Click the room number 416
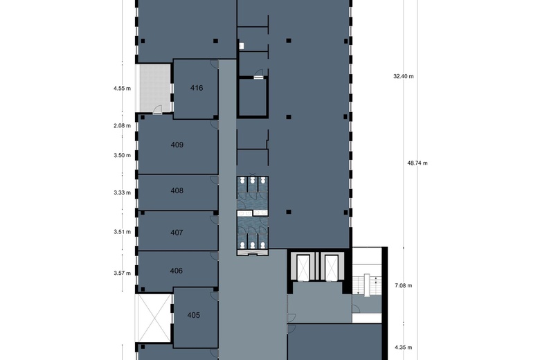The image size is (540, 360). point(196,88)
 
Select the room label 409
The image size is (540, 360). point(177,145)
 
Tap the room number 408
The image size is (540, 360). point(177,190)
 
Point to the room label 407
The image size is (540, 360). point(177,233)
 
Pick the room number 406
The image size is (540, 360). point(177,271)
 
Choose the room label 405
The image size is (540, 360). point(193,315)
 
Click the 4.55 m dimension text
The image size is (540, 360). point(123,89)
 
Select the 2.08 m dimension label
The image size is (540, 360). point(123,126)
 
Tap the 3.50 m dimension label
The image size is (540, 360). point(123,156)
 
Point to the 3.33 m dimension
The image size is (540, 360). point(123,193)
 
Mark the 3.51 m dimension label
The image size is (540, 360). point(123,233)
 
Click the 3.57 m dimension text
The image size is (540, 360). point(123,273)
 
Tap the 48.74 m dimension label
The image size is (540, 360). point(417,163)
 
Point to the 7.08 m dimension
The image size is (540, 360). point(403,285)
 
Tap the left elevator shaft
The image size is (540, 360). point(304,267)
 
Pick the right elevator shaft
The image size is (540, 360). point(332,267)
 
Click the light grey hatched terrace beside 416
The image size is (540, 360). point(154,88)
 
